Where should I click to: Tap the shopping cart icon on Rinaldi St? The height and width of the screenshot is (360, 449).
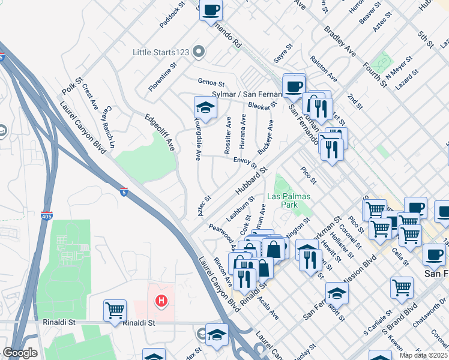[x=115, y=311]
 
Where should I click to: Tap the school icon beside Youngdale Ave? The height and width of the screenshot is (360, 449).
[x=205, y=108]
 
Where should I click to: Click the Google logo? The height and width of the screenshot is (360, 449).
[x=20, y=353]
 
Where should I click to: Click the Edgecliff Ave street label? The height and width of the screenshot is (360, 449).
[x=159, y=132]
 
